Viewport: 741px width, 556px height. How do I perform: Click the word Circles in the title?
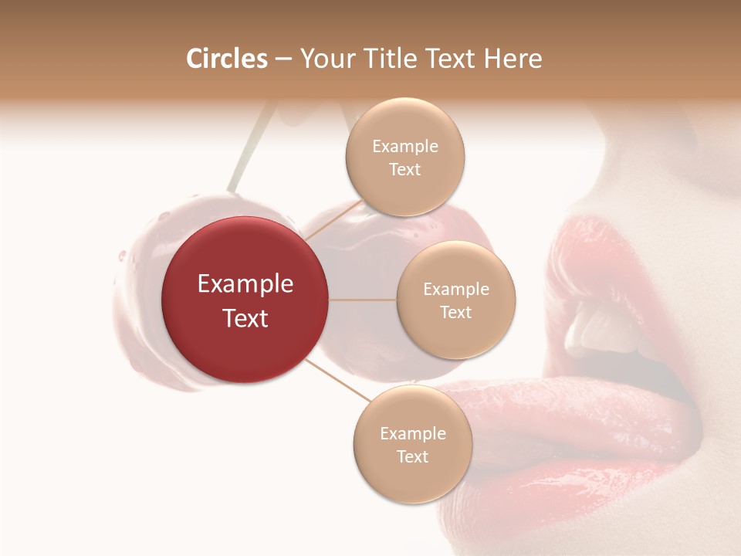227,59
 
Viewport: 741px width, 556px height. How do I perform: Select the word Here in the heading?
513,59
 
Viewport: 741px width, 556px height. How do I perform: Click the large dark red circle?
245,300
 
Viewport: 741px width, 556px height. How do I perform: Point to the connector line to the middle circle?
363,300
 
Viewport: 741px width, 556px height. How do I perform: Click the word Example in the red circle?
245,283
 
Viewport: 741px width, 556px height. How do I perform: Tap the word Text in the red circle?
245,317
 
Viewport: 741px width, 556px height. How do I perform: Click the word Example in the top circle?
405,147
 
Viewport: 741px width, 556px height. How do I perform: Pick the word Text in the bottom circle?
412,456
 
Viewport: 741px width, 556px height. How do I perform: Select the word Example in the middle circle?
456,290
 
